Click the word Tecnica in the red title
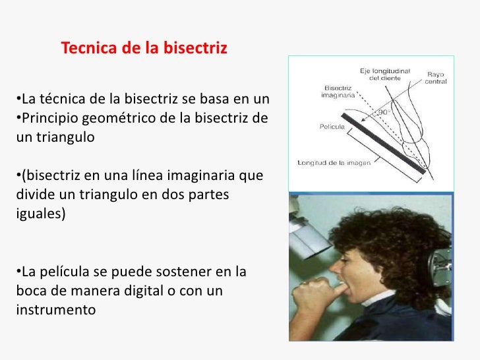(x=84, y=49)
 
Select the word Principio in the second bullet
(x=45, y=119)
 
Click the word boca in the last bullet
(x=28, y=290)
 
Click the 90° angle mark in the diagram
(x=383, y=113)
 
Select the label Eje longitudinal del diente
(x=386, y=73)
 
